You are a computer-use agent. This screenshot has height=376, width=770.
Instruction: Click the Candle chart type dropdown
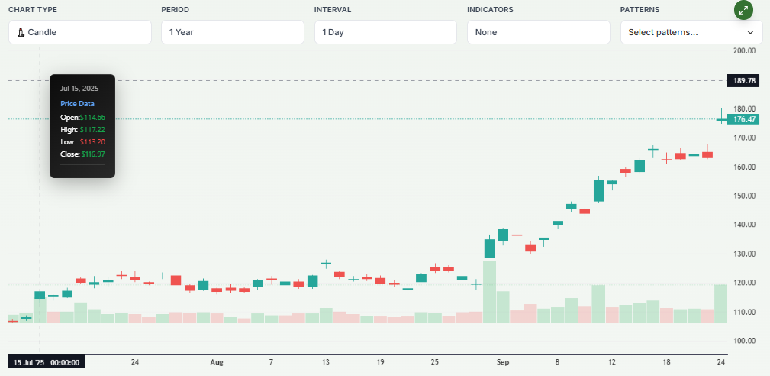(80, 32)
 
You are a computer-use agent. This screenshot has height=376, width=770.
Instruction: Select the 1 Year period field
(233, 32)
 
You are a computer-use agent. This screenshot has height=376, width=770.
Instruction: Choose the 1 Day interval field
(385, 32)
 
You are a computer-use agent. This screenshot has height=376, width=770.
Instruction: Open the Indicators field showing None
(538, 32)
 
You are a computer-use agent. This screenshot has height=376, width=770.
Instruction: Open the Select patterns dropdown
(691, 32)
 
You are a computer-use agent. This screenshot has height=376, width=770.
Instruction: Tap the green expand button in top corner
(743, 10)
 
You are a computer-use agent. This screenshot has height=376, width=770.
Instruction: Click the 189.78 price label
(744, 80)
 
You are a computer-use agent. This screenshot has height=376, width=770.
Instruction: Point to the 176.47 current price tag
(744, 119)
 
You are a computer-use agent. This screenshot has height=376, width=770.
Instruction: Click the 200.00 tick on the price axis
(744, 51)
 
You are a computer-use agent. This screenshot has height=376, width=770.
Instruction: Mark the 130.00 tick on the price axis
(744, 254)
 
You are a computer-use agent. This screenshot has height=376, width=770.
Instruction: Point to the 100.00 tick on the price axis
(744, 341)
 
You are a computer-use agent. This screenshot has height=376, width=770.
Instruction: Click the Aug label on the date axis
(217, 362)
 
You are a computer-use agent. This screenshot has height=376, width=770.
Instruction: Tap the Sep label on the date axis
(502, 362)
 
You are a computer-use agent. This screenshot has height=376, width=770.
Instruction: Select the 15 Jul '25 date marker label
(47, 362)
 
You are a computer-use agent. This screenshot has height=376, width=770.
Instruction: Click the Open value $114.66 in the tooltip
(92, 117)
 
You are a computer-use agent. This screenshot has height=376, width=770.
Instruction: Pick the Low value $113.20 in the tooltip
(92, 141)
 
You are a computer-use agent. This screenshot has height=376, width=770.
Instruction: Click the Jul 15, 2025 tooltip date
(79, 88)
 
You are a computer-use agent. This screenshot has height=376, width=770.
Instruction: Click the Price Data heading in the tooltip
(77, 103)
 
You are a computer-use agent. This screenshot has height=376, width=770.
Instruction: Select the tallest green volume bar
(489, 292)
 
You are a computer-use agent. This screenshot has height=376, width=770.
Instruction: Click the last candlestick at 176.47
(721, 119)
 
